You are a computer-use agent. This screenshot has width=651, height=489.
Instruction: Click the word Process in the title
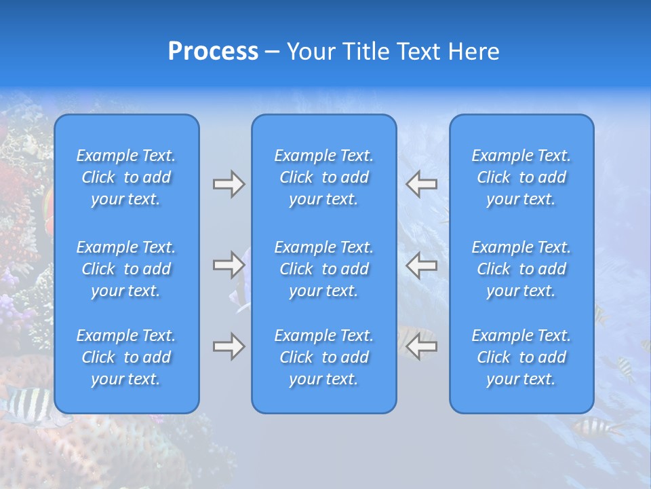tap(213, 52)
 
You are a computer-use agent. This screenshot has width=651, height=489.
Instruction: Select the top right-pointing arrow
tap(229, 184)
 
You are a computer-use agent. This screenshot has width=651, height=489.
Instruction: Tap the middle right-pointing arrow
tap(229, 265)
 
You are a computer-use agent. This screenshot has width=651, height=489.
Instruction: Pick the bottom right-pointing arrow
tap(229, 347)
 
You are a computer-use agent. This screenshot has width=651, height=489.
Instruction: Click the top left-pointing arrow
tap(421, 184)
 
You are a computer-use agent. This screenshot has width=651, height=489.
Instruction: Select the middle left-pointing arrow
tap(421, 265)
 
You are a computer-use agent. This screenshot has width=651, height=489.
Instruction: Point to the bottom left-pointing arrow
tap(421, 347)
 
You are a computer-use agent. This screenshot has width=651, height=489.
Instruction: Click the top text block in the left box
tap(126, 177)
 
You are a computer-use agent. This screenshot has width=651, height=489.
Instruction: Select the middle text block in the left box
tap(126, 269)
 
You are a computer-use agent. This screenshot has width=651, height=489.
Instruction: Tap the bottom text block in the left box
tap(126, 357)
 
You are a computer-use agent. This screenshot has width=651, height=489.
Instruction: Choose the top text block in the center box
tap(324, 177)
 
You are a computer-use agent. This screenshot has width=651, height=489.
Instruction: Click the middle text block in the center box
tap(324, 269)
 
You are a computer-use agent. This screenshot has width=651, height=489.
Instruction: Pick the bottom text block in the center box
tap(324, 357)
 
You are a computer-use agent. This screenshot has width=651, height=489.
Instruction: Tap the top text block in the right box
tap(521, 177)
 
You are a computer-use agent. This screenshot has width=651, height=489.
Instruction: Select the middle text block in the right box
tap(521, 269)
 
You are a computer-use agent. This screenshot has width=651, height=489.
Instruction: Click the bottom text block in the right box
tap(521, 357)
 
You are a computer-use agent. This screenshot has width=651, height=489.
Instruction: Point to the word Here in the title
tap(474, 52)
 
